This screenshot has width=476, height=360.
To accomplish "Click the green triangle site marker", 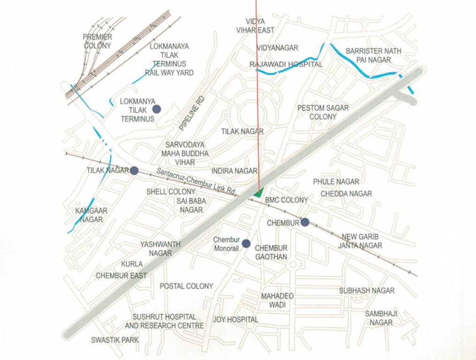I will pyautogui.click(x=257, y=192).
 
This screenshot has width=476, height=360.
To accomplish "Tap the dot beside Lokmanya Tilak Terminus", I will pyautogui.click(x=157, y=109).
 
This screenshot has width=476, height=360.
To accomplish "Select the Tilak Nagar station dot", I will pyautogui.click(x=134, y=171).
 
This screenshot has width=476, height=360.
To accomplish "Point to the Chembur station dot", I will pyautogui.click(x=305, y=222).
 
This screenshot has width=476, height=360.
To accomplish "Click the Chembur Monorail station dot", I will pyautogui.click(x=246, y=243).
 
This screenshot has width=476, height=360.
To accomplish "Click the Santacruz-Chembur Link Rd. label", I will pyautogui.click(x=196, y=181).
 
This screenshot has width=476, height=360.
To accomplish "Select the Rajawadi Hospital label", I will pyautogui.click(x=286, y=64).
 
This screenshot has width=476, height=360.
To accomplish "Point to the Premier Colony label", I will pyautogui.click(x=98, y=41).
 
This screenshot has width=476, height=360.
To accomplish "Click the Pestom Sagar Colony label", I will pyautogui.click(x=323, y=112).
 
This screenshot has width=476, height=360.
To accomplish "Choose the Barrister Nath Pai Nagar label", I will pyautogui.click(x=374, y=55).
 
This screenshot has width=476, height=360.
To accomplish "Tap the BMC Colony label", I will pyautogui.click(x=287, y=200).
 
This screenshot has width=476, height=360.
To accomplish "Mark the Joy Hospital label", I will pyautogui.click(x=235, y=320).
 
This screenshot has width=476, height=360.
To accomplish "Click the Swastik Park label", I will pyautogui.click(x=115, y=340).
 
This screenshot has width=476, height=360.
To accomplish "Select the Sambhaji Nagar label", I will pyautogui.click(x=381, y=318).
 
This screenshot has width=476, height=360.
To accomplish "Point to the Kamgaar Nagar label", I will pyautogui.click(x=91, y=215).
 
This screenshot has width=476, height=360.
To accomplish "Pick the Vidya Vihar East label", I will pyautogui.click(x=256, y=26).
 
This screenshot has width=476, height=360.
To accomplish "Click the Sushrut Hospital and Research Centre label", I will pyautogui.click(x=164, y=321).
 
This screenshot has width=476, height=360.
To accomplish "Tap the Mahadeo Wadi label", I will pyautogui.click(x=277, y=300).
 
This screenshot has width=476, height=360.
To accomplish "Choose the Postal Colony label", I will pyautogui.click(x=186, y=286).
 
